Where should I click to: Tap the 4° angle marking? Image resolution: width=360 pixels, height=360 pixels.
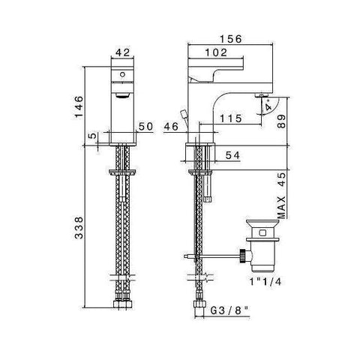tap(268, 106)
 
